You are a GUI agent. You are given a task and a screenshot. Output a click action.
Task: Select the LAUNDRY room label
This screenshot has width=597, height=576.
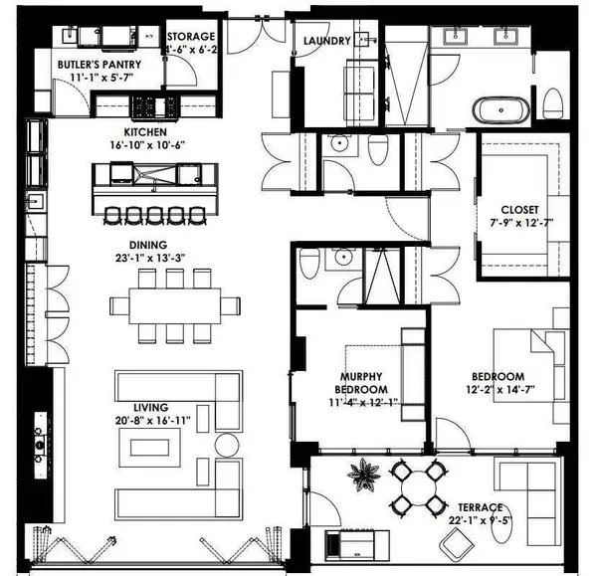click(x=327, y=41)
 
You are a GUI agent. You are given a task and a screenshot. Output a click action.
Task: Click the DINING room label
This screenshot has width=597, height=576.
click(x=147, y=245)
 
